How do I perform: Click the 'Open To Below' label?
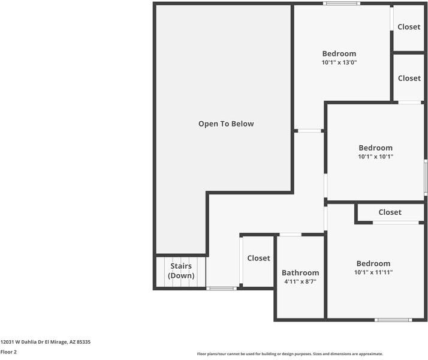(226, 124)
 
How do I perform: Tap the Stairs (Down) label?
(181, 271)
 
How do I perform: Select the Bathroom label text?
(300, 272)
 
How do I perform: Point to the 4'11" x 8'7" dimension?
(300, 281)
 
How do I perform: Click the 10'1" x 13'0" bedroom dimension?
(339, 62)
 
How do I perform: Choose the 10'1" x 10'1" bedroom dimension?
(376, 157)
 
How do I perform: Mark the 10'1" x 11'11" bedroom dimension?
(373, 272)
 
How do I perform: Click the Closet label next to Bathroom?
(259, 258)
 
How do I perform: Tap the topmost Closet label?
(409, 26)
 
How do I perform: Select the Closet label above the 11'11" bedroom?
(390, 212)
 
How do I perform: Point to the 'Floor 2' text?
(8, 352)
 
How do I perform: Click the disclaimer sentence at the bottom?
(290, 354)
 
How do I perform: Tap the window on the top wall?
(342, 4)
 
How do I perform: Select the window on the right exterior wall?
(426, 177)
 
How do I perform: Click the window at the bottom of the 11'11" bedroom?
(393, 320)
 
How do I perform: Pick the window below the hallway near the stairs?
(222, 289)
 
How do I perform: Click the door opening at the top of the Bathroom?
(290, 235)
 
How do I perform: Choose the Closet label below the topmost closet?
(409, 78)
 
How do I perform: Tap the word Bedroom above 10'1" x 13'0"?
(339, 53)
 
